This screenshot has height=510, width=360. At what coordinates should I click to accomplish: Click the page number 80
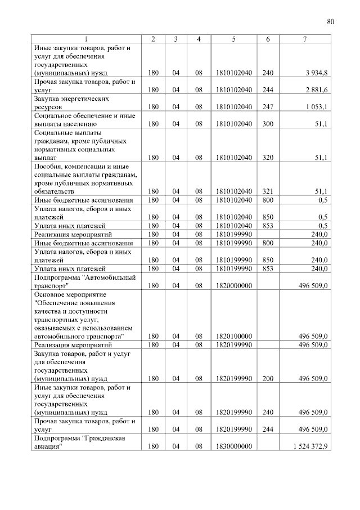[330, 22]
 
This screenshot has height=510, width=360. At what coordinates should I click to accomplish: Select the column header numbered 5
[233, 39]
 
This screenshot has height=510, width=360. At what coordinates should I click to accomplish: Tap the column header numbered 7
[304, 39]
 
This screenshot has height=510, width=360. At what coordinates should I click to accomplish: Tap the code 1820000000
[233, 285]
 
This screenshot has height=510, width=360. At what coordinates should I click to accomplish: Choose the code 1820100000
[233, 336]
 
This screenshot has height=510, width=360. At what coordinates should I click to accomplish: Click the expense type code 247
[268, 106]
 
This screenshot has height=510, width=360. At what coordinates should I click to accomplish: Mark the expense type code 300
[268, 123]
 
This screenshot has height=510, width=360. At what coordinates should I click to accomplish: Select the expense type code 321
[268, 191]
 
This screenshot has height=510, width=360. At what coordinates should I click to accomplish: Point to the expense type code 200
[268, 378]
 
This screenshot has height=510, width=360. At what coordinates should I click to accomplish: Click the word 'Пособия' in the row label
[47, 167]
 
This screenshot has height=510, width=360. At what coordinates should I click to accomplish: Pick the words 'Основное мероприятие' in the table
[66, 294]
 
